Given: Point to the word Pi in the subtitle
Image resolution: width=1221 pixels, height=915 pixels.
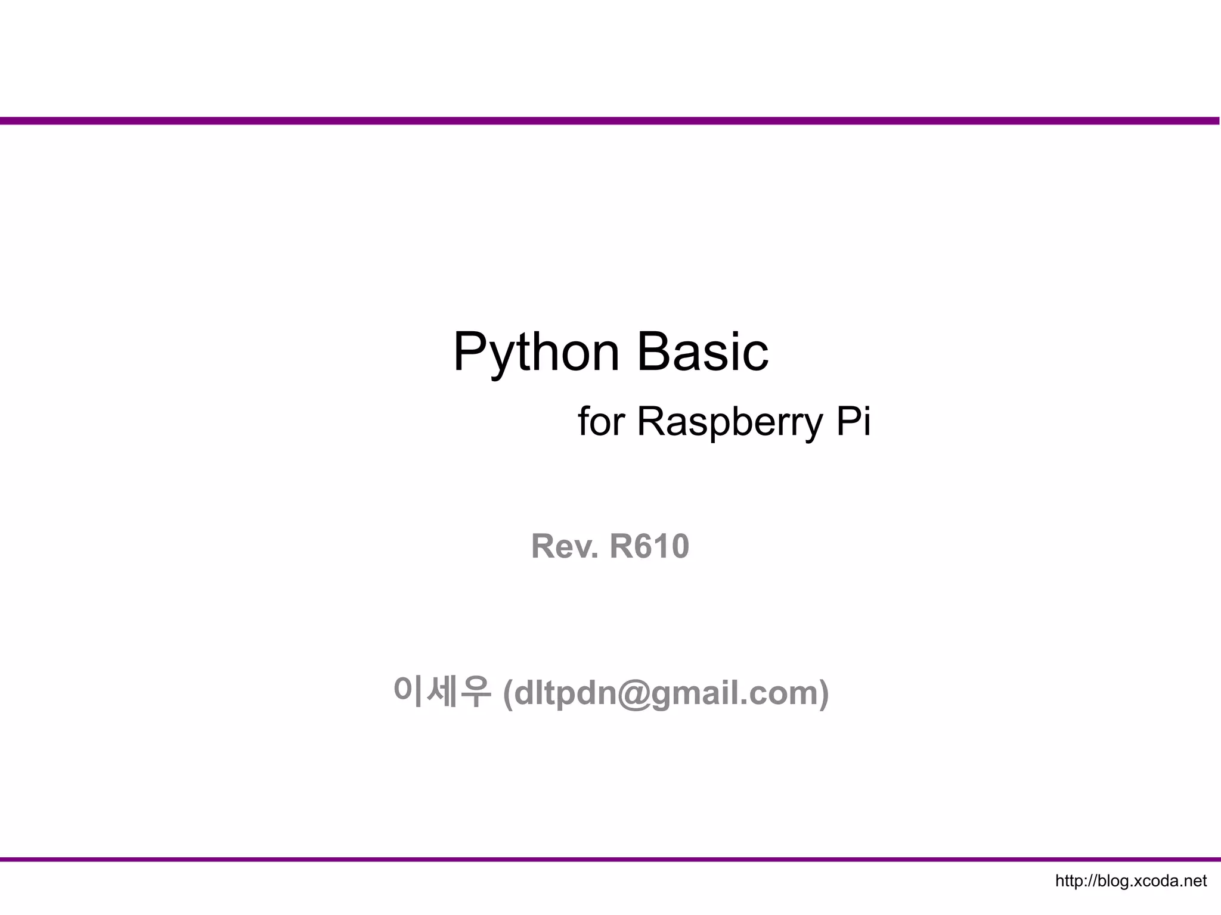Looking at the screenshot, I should (x=853, y=421).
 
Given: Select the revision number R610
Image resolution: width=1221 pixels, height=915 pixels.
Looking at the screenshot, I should (x=649, y=546).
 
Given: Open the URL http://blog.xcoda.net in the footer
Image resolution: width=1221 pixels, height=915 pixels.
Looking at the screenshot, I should (x=1130, y=881).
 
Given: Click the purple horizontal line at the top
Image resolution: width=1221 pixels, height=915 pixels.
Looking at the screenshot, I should (x=610, y=121).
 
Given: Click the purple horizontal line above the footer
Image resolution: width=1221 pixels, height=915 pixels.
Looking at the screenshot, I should (x=610, y=860).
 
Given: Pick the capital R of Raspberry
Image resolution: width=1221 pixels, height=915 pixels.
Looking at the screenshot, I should (x=652, y=421).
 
